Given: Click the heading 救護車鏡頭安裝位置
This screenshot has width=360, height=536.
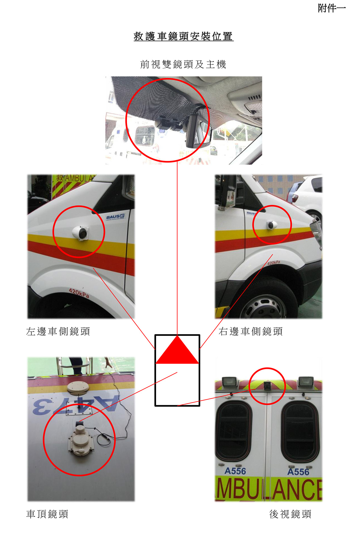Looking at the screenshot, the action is [183, 36].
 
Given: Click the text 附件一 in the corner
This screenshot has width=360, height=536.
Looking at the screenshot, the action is [332, 8].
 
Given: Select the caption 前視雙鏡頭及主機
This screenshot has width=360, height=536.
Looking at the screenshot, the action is [183, 64].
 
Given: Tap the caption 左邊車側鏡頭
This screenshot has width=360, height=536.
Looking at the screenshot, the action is [58, 331].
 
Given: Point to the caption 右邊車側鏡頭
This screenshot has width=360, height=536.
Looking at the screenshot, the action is [251, 331].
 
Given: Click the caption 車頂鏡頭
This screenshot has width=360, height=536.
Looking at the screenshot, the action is [47, 514].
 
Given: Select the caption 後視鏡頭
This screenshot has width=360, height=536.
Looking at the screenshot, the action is [290, 514].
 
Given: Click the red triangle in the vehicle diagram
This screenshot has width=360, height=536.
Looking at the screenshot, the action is [177, 350].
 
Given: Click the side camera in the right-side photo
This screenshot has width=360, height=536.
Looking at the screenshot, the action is [272, 224].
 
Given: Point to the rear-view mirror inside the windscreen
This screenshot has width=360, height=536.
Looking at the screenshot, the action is [198, 131].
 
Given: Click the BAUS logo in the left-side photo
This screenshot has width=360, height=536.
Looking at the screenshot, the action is [115, 217].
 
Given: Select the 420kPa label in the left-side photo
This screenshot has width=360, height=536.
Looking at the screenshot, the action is [79, 293].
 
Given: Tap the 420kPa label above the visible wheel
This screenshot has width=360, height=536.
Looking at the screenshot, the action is [274, 263].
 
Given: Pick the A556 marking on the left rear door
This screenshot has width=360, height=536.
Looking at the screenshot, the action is [235, 471].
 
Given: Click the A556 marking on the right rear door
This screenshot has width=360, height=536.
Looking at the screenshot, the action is [298, 472].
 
